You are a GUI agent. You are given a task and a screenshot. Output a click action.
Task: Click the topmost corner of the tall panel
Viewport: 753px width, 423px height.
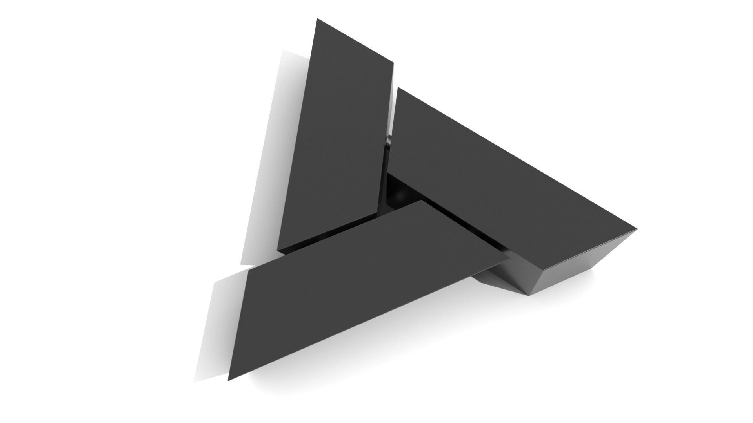pyautogui.click(x=317, y=18)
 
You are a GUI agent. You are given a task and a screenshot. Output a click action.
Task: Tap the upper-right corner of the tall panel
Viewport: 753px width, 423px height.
pyautogui.click(x=393, y=62)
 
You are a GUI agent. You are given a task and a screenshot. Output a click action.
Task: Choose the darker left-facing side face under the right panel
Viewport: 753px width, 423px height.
pyautogui.click(x=510, y=274)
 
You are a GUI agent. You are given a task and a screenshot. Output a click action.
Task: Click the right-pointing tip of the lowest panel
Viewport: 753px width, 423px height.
pyautogui.click(x=509, y=258)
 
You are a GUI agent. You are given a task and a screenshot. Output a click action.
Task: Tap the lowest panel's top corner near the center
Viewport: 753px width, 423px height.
pyautogui.click(x=422, y=201)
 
